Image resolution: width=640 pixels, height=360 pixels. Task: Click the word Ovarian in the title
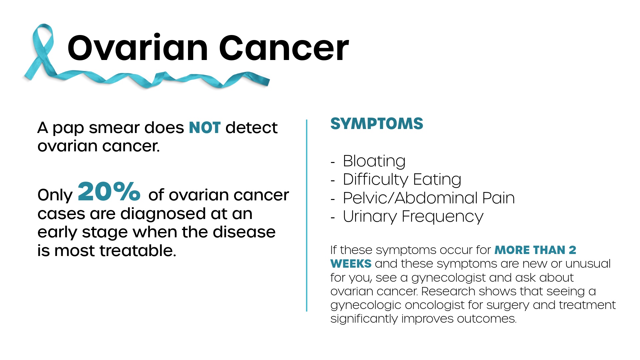pos(138,48)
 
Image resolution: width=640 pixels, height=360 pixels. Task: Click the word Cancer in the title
pos(284,48)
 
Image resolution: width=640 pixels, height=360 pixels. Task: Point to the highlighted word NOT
pos(205,128)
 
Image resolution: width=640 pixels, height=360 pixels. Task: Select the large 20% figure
pos(109,191)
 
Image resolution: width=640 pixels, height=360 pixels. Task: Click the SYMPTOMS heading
pos(377,124)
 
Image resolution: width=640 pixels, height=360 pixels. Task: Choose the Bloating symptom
pos(374,161)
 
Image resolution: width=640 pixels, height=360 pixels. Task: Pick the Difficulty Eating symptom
pos(402,179)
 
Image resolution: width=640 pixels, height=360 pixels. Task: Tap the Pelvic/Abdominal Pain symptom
pos(429,198)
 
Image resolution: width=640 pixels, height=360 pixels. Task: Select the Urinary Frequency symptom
pos(413,216)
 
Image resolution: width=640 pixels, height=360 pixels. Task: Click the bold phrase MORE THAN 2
pos(535,250)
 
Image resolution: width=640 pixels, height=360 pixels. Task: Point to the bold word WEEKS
pos(351,264)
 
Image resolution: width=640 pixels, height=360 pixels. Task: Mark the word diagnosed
pos(163,214)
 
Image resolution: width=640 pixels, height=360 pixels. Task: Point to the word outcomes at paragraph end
pos(487,319)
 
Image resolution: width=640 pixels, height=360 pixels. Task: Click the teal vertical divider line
pos(307,215)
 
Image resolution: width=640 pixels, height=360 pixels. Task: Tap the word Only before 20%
pos(55,195)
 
